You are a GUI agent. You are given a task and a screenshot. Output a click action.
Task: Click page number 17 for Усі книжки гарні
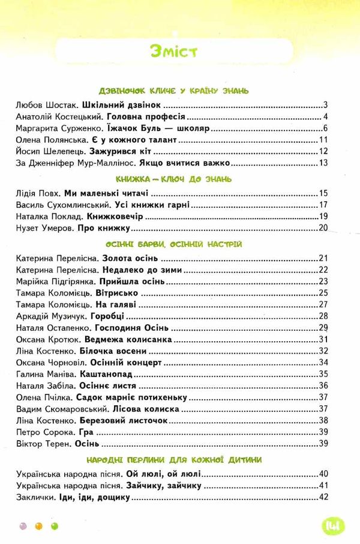[x=323, y=206]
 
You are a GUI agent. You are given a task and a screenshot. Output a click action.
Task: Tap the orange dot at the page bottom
[x=39, y=525]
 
